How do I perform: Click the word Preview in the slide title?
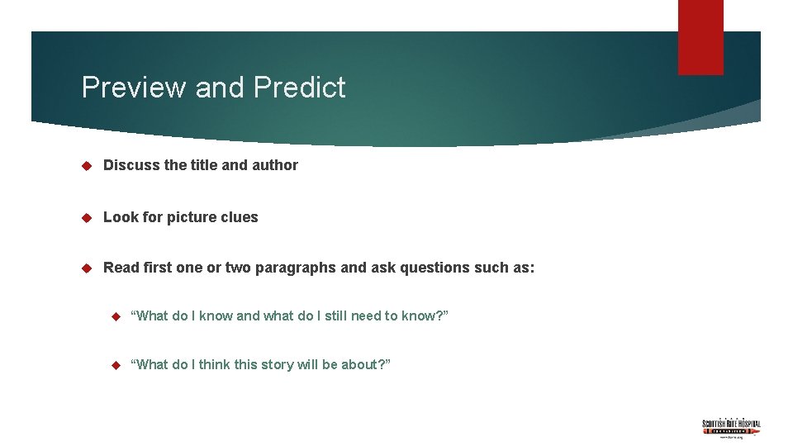pos(134,88)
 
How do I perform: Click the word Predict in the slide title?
pos(300,88)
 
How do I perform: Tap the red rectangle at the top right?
pos(700,36)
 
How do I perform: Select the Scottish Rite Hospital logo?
pos(731,427)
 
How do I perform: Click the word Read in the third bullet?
pos(121,268)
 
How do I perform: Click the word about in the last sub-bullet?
pos(363,365)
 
